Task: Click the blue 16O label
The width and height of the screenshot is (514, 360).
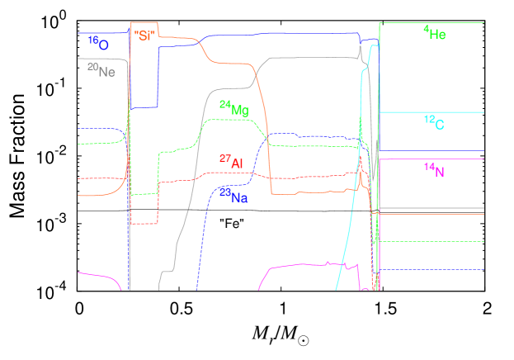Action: (98, 41)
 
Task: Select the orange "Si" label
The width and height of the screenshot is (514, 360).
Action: (144, 36)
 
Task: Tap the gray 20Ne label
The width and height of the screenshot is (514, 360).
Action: (101, 70)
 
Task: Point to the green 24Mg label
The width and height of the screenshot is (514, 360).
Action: (233, 107)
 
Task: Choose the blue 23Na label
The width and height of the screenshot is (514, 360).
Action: (233, 196)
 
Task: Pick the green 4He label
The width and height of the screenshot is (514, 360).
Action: (435, 34)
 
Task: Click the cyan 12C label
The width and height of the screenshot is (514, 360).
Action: (435, 123)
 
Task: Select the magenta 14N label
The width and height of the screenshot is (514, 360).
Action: (435, 170)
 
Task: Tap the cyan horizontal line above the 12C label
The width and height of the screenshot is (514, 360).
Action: (431, 112)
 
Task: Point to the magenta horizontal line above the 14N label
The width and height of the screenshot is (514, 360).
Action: (431, 159)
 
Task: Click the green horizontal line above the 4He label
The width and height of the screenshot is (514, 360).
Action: (431, 22)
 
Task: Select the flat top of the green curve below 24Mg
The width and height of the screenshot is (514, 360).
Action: (227, 120)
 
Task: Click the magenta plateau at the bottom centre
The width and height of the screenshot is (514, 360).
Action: (305, 264)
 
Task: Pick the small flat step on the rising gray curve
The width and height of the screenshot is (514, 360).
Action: (169, 268)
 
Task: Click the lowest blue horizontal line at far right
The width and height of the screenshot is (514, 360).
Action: (431, 269)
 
